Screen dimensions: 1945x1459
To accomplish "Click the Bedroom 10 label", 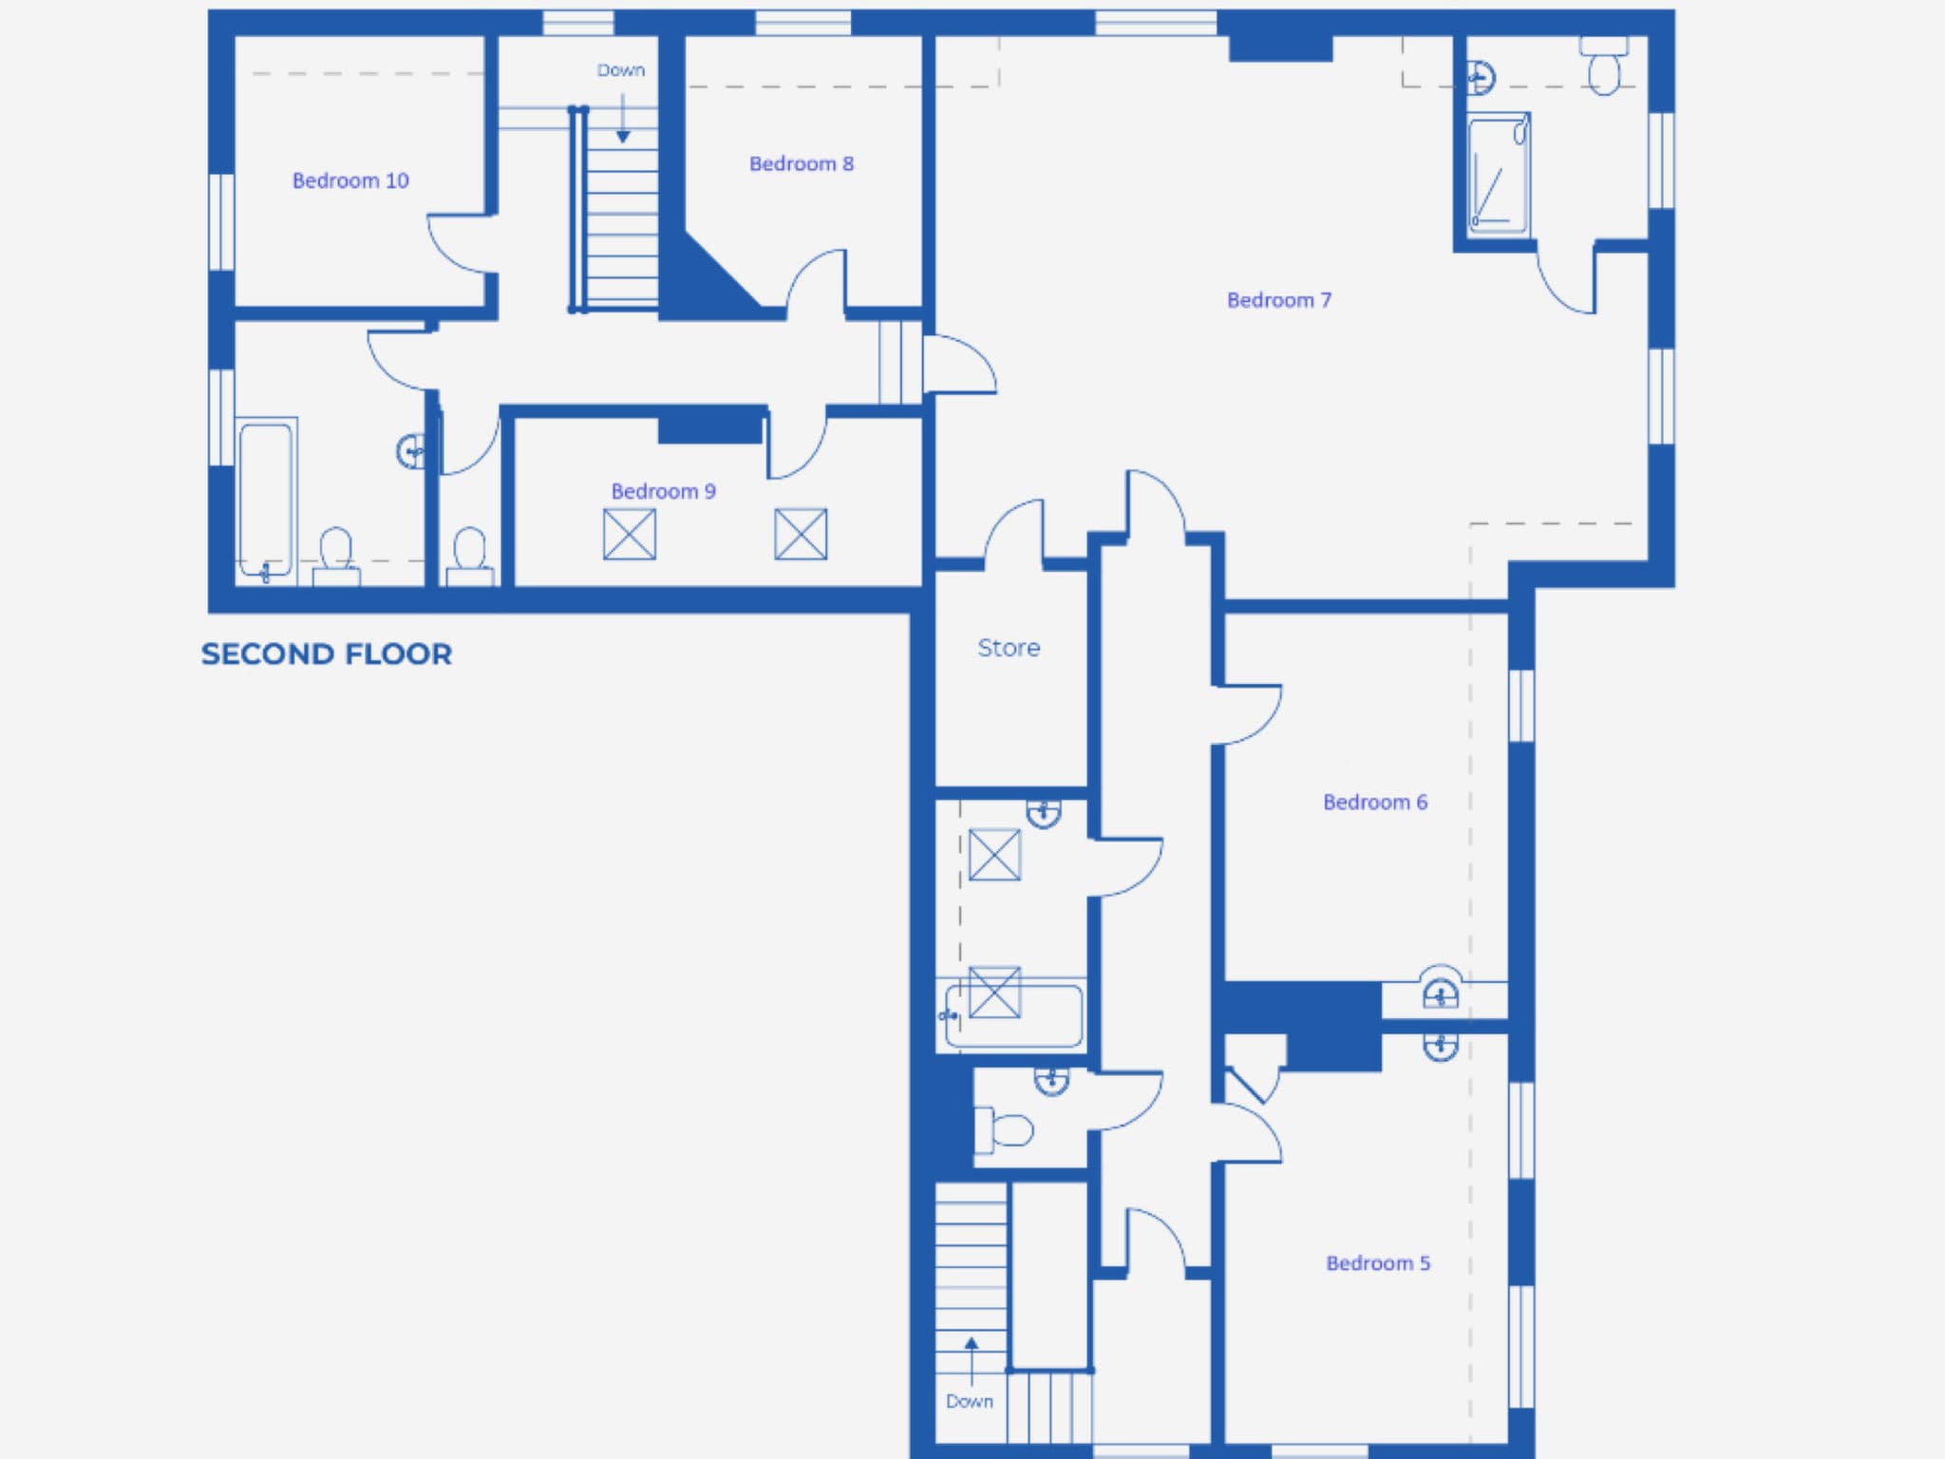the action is tap(350, 180).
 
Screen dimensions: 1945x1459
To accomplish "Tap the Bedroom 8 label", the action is tap(802, 163).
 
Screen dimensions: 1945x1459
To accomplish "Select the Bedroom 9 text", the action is tap(663, 491).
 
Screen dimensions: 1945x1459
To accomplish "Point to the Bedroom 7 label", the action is tap(1279, 300).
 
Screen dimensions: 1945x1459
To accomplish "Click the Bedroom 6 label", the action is tap(1375, 802).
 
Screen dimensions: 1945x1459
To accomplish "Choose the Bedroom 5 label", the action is tap(1378, 1262).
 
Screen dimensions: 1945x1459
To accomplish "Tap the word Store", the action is tap(1009, 648).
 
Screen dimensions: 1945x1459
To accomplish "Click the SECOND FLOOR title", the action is tap(327, 654).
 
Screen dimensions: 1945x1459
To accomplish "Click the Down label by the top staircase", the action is tap(621, 70).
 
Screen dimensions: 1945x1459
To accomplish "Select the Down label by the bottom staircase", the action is tap(970, 1401).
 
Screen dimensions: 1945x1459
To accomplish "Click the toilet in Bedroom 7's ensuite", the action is tap(1604, 65).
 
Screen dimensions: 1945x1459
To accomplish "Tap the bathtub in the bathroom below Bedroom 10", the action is tap(266, 500).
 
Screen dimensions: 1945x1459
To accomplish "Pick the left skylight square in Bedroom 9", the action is tap(630, 534).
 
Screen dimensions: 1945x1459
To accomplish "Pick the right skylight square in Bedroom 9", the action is tap(801, 534).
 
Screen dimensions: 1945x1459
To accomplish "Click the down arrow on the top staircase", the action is tap(623, 118).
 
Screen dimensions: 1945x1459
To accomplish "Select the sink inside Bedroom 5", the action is tap(1441, 1046).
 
